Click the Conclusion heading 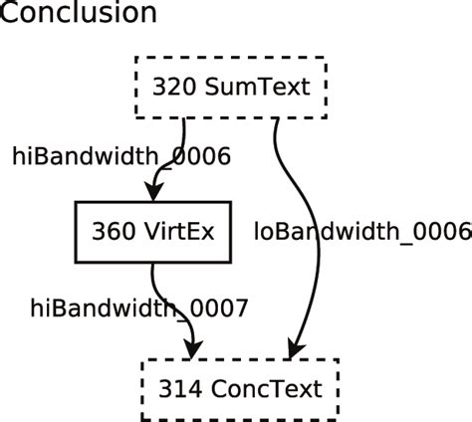point(79,14)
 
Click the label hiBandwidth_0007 point(137,308)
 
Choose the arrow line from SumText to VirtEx point(182,149)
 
